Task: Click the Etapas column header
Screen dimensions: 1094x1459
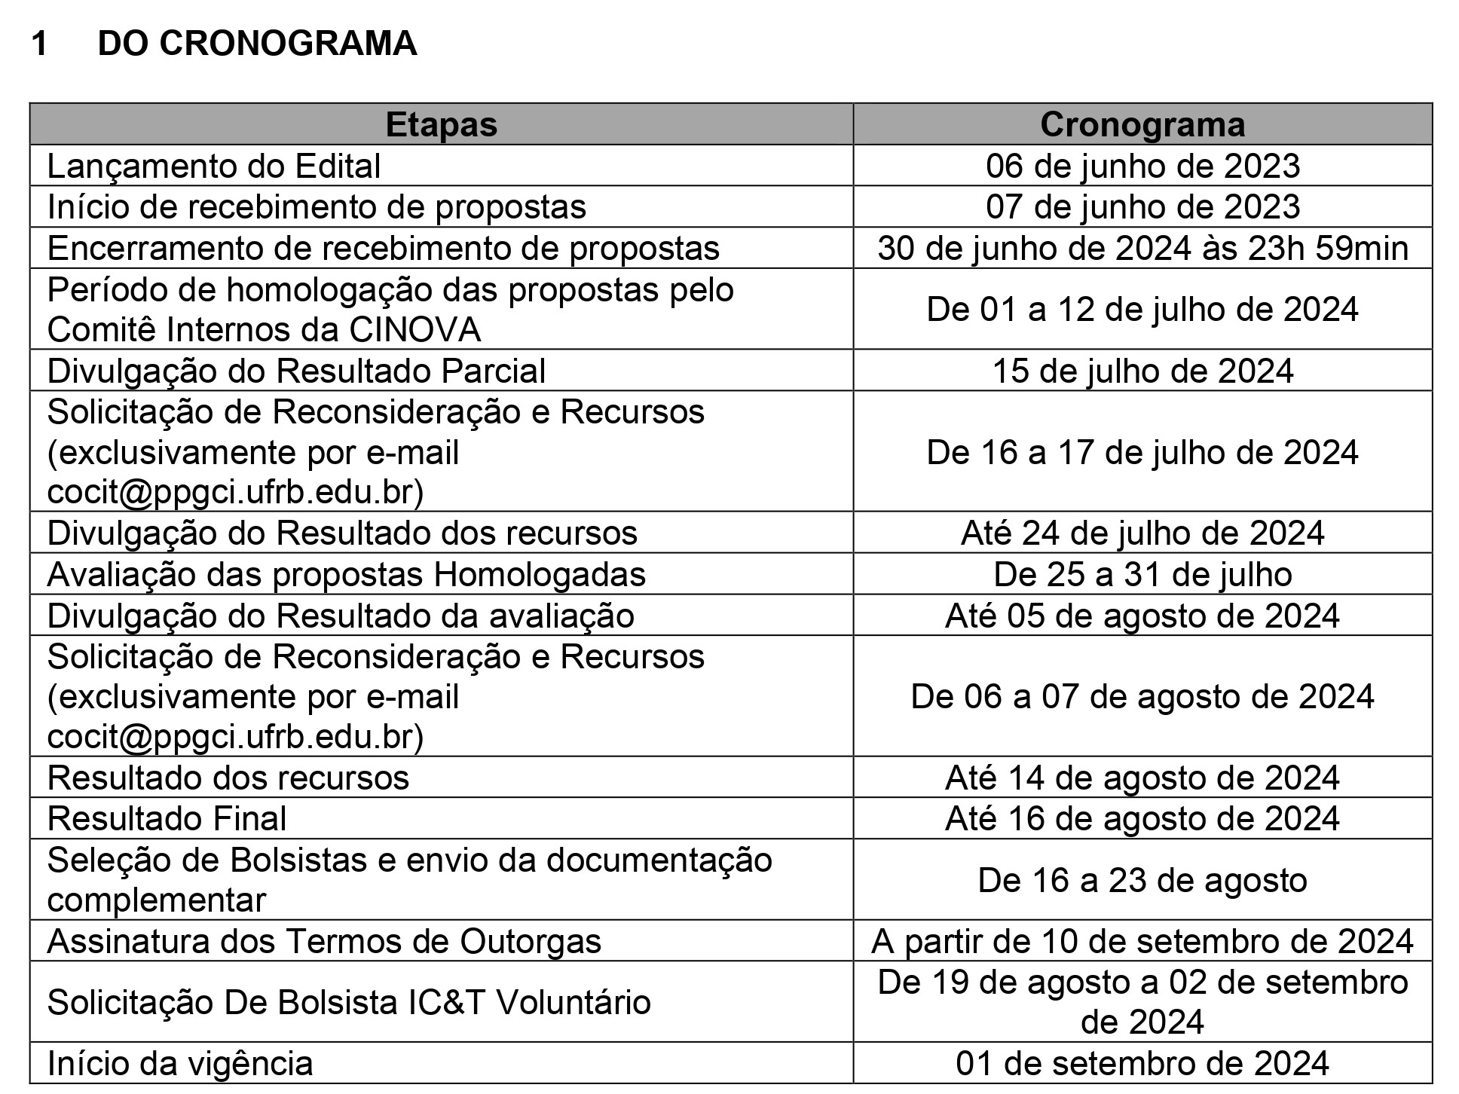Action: point(441,125)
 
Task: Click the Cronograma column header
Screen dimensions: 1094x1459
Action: point(1142,125)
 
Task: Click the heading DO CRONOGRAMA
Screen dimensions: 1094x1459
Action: point(257,44)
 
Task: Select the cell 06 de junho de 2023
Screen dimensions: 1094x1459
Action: point(1142,167)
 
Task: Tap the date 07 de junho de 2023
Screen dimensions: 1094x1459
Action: point(1142,207)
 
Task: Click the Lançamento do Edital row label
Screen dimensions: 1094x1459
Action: point(214,167)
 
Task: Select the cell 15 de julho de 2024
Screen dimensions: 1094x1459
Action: point(1142,371)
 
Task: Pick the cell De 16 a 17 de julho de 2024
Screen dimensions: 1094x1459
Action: point(1142,452)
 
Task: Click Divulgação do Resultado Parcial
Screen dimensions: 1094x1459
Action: point(296,371)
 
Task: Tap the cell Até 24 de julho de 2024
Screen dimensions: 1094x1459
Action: point(1142,533)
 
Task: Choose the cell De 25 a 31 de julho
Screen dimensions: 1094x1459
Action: point(1142,575)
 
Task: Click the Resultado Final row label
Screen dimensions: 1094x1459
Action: point(167,819)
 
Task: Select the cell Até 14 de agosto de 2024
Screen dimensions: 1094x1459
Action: point(1142,778)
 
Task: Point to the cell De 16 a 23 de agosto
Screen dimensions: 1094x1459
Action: point(1142,880)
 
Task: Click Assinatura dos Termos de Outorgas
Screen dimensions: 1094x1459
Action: point(324,942)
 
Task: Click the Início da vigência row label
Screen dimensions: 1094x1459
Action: point(179,1064)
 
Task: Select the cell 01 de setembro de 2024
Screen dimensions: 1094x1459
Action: point(1142,1064)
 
